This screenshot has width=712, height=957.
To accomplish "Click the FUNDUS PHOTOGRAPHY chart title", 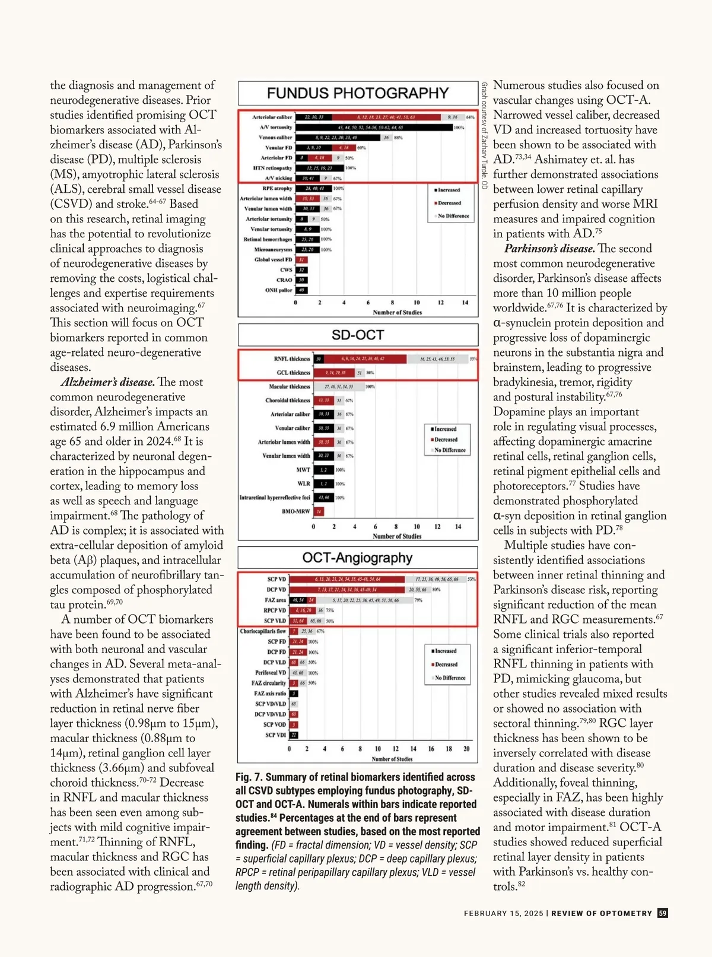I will click(x=358, y=93).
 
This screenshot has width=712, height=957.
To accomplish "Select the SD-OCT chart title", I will click(x=358, y=335).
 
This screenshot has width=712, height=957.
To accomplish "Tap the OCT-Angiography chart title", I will click(x=357, y=558).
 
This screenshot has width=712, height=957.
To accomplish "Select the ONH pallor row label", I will click(x=278, y=290).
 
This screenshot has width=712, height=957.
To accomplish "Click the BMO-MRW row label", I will click(x=295, y=511).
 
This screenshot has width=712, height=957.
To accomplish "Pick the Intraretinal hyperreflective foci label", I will click(x=275, y=497).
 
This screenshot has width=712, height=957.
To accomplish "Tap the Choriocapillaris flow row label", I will click(x=263, y=631).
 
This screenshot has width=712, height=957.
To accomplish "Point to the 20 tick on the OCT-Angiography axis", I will click(x=466, y=749).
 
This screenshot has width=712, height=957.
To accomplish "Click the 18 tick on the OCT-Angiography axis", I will click(x=449, y=749).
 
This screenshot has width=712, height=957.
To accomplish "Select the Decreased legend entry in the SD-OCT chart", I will click(x=446, y=440).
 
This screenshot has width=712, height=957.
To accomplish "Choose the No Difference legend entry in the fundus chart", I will click(x=453, y=216).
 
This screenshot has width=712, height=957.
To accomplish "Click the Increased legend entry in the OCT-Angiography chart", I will click(x=446, y=651).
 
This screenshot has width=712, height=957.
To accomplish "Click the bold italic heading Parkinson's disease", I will click(x=549, y=249).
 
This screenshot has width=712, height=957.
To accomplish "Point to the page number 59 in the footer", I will click(x=663, y=913).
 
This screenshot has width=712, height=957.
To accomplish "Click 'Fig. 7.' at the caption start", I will click(x=249, y=777).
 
